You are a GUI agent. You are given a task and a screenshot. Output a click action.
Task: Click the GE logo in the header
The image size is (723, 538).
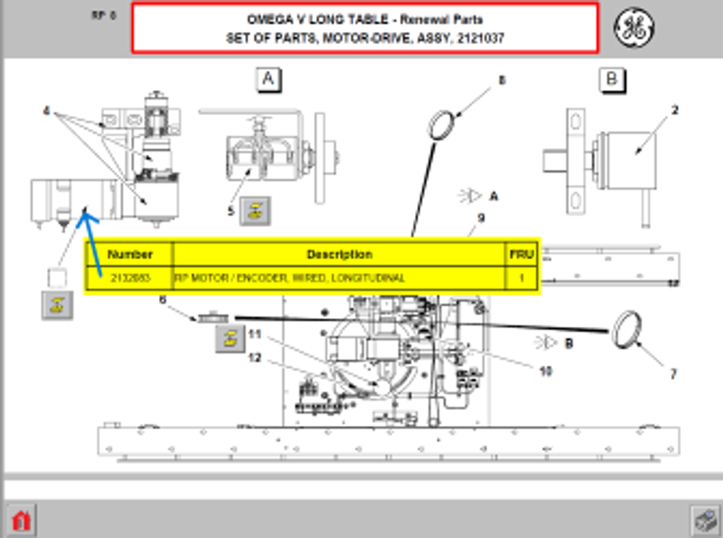[634, 28]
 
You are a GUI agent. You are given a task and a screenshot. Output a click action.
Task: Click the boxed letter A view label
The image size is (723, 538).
[268, 80]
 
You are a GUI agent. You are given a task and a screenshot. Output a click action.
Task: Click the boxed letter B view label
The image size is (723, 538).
[612, 80]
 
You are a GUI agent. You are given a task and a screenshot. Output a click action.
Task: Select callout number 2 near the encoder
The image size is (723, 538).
[674, 111]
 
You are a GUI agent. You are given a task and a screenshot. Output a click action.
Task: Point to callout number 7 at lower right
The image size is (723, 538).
[672, 374]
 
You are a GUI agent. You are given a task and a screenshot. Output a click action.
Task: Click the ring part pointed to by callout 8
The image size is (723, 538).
[442, 125]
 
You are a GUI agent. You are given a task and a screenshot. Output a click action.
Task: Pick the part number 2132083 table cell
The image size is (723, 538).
[130, 278]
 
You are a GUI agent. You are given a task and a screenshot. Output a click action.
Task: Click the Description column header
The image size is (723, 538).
[339, 254]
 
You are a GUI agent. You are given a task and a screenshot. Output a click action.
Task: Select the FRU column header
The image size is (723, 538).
[521, 254]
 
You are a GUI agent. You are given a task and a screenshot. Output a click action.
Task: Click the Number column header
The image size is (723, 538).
[130, 254]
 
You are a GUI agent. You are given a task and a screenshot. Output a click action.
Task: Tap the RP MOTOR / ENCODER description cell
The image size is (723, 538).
[339, 278]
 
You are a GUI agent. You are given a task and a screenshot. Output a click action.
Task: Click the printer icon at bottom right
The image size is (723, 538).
[702, 519]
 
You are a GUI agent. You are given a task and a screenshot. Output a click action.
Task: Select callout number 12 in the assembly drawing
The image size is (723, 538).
[254, 357]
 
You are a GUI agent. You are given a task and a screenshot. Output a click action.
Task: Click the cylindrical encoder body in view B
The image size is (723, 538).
[627, 152]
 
